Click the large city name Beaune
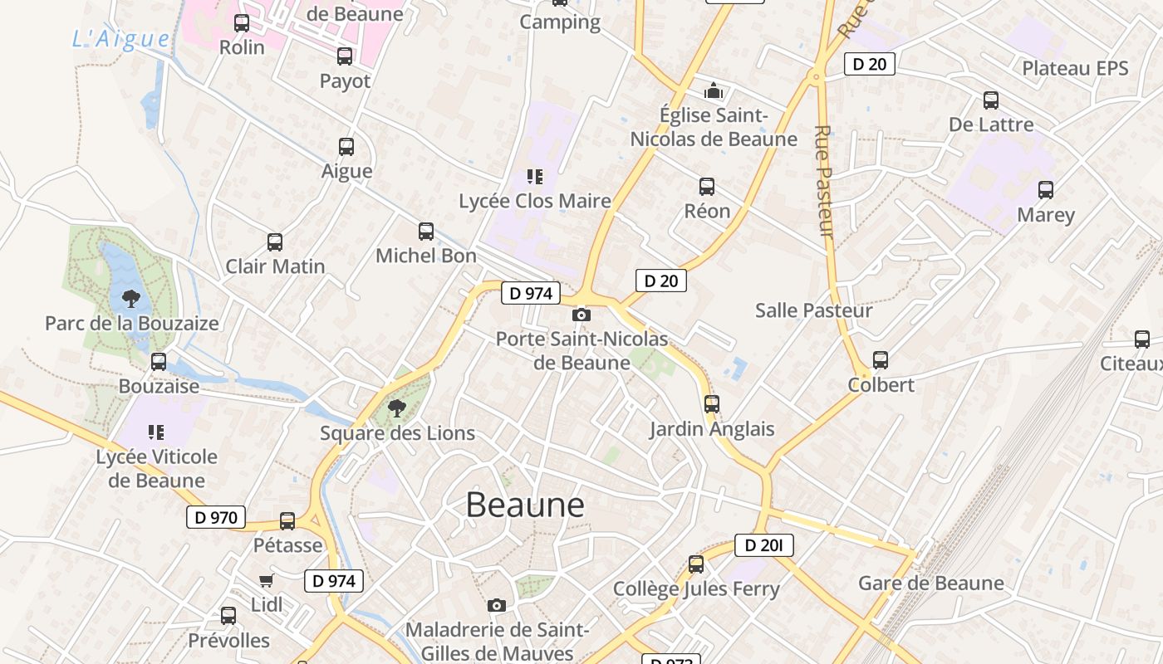[525, 505]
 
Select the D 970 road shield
[216, 517]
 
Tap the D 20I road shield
[763, 545]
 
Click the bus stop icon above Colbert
[881, 360]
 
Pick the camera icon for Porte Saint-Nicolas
[581, 315]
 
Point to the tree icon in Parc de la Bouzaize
[130, 298]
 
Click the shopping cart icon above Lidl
[266, 580]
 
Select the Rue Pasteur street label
[824, 182]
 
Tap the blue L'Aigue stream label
[121, 39]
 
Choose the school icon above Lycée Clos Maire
[534, 176]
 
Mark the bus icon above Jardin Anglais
[712, 404]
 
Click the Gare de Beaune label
[931, 583]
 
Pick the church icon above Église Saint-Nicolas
[714, 90]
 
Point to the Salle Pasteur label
[813, 310]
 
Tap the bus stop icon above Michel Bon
[426, 231]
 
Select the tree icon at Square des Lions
[397, 408]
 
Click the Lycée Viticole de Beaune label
[156, 468]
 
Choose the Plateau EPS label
[1075, 68]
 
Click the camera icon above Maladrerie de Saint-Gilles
[497, 605]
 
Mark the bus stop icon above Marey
[1046, 190]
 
